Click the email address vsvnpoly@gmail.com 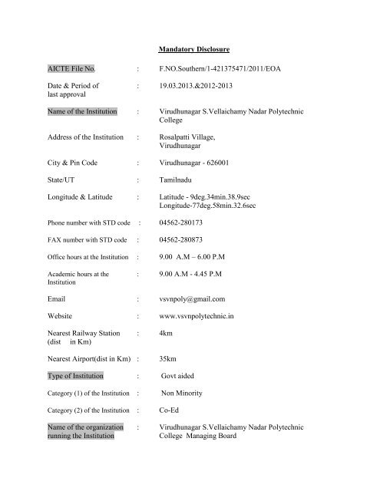[x=191, y=300]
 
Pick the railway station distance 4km [x=164, y=334]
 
